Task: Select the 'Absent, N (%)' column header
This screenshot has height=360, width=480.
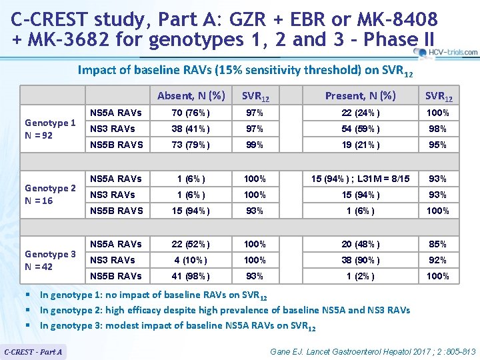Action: point(191,95)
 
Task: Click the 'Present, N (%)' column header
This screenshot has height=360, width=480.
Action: point(360,95)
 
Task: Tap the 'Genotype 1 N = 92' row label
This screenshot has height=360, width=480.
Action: point(50,129)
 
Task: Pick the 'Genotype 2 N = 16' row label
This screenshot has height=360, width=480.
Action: point(50,195)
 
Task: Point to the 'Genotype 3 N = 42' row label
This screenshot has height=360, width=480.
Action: point(50,260)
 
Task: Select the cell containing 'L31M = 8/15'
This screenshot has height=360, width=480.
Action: point(360,179)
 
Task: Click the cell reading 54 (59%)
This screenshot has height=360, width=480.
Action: point(360,129)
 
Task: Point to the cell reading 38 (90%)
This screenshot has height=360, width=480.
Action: point(360,260)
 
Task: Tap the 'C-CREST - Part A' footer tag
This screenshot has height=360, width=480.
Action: point(33,351)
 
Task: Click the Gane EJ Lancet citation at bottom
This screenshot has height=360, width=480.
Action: point(373,351)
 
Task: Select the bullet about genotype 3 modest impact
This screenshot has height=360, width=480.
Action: point(177,326)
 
